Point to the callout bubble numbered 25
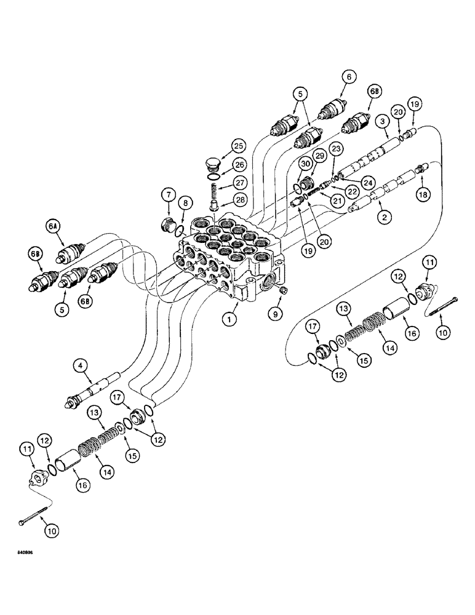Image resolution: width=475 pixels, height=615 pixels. [x=237, y=145]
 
